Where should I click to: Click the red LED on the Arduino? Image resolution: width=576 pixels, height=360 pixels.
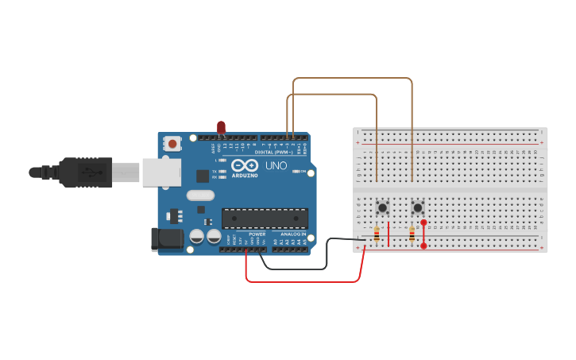click(221, 126)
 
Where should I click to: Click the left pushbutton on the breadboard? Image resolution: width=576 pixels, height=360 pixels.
click(383, 207)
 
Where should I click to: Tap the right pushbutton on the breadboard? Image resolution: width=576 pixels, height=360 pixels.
click(418, 207)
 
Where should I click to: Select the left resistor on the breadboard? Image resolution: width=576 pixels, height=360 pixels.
click(376, 234)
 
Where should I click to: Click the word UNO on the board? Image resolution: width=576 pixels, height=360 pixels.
click(275, 165)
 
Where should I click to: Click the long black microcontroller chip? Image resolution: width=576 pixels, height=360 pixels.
click(265, 217)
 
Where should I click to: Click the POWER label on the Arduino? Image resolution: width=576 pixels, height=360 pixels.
click(257, 234)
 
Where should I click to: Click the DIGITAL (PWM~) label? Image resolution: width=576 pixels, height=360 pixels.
click(273, 151)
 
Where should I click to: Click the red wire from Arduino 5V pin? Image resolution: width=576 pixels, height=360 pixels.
click(302, 281)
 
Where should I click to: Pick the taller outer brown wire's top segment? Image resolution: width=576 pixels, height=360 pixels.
click(354, 78)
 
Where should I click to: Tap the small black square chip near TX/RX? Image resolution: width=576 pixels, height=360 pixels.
click(203, 176)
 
